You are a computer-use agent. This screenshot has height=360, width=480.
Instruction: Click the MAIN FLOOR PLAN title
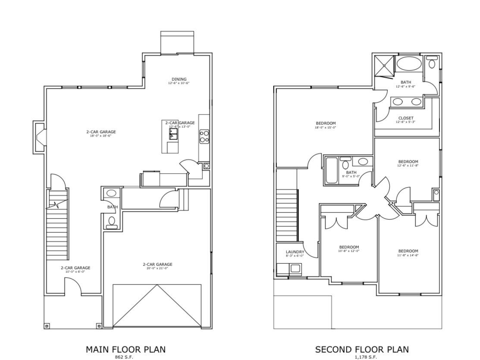[125, 349]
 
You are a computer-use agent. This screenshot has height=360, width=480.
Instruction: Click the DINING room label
[179, 79]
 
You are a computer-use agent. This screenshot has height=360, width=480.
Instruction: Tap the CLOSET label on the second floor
[406, 118]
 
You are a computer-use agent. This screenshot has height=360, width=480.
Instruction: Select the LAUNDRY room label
[295, 252]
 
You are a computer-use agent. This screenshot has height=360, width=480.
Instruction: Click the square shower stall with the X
[384, 66]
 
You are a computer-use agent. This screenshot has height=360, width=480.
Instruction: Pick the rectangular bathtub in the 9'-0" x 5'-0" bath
[332, 171]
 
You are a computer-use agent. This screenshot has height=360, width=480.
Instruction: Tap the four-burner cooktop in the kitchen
[204, 136]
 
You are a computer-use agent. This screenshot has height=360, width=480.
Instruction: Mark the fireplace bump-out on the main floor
[39, 137]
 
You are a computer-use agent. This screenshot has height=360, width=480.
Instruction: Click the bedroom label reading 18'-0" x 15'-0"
[326, 125]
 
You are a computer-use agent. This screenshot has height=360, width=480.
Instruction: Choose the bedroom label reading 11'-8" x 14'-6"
[408, 253]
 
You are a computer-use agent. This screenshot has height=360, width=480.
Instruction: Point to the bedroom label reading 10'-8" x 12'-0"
[349, 249]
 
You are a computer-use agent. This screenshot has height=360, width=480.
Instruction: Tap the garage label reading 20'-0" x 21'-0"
[157, 266]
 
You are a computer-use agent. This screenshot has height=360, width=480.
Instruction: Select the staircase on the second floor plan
[287, 216]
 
